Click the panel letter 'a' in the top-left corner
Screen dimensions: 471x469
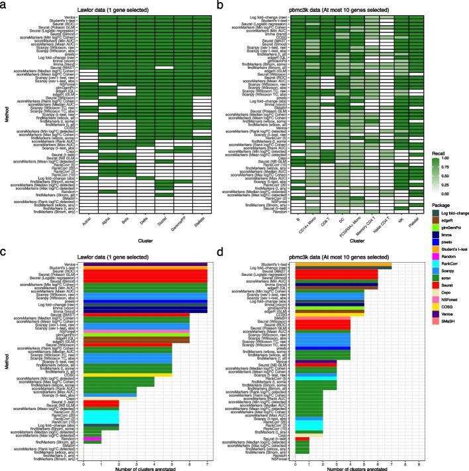click(x=3, y=4)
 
